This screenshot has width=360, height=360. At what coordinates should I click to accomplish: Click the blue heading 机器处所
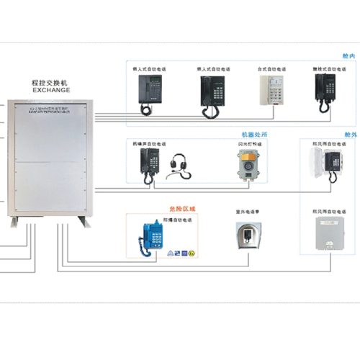252,135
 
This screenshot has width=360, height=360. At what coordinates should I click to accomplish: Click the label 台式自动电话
272,68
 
